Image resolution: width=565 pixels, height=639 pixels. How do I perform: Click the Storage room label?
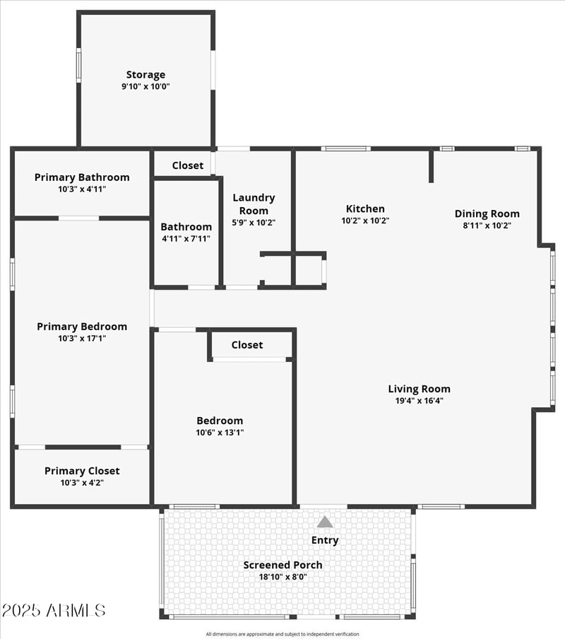pos(145,75)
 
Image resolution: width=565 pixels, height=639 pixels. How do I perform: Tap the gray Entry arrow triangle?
pos(324,522)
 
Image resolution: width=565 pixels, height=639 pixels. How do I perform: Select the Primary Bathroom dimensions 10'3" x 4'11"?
pos(82,189)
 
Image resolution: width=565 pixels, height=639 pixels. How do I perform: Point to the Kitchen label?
pos(365,209)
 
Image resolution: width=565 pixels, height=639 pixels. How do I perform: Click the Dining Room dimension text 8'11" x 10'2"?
pos(487,225)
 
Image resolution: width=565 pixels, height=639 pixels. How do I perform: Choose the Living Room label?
pos(420,389)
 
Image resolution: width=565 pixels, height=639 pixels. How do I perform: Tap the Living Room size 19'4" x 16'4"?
pos(420,401)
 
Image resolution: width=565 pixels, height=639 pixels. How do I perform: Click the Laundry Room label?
pos(254,204)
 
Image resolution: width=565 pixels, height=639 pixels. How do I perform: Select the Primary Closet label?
pos(82,471)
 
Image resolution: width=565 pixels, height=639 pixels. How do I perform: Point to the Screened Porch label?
pos(283,565)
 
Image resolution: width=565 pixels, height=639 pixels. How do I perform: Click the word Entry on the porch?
pos(325,540)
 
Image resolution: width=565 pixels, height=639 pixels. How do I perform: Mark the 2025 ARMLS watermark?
pos(54,611)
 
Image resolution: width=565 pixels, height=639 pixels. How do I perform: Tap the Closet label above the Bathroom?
pos(188,165)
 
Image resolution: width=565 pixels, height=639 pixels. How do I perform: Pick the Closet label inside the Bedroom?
pos(247,345)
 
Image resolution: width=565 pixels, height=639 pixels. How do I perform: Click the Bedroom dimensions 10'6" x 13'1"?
pos(220,433)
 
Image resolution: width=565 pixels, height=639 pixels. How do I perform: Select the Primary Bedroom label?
pos(82,327)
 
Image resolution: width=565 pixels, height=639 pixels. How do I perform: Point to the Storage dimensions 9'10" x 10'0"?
pos(145,86)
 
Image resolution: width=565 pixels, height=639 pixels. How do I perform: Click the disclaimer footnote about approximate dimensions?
pos(282,634)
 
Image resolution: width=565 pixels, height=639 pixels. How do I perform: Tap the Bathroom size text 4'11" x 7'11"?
pos(186,239)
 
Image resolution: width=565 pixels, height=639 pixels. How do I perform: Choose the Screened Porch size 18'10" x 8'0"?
pos(283,577)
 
